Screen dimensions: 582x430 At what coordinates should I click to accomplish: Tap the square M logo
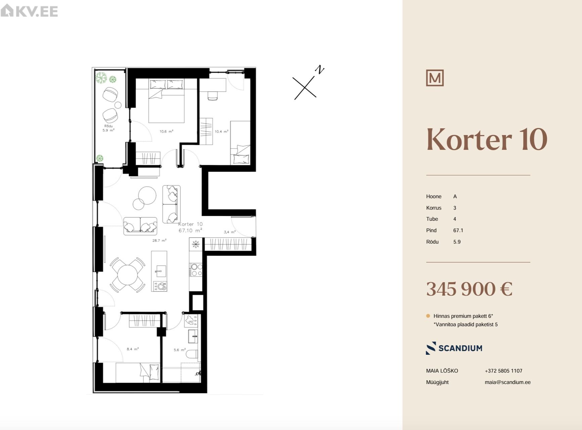click(435, 78)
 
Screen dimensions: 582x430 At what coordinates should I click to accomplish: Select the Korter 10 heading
click(487, 139)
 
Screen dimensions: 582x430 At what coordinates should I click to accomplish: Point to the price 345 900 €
click(469, 289)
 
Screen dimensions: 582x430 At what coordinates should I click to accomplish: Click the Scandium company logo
click(454, 348)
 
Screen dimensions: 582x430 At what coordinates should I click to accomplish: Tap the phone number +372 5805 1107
click(503, 371)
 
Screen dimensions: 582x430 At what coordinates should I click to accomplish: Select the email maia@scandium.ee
click(507, 382)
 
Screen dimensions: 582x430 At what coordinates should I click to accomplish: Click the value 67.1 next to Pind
click(458, 230)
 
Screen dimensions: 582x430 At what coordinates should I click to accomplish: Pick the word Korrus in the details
click(434, 208)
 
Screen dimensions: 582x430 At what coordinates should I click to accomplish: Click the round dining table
click(127, 274)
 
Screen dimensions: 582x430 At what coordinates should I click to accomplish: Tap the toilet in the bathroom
click(192, 354)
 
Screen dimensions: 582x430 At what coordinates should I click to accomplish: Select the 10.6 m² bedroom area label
click(167, 131)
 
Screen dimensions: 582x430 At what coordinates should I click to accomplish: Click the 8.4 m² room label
click(133, 349)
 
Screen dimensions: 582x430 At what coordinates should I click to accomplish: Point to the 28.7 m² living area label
click(159, 241)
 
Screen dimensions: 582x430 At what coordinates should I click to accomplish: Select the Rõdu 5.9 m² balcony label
click(108, 128)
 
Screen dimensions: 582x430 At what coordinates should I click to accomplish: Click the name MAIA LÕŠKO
click(442, 371)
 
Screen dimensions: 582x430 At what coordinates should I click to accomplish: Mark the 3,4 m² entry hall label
click(230, 232)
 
